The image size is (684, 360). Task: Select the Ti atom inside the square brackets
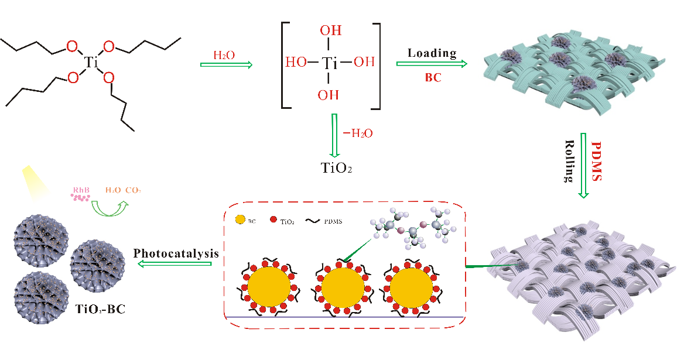click(330, 62)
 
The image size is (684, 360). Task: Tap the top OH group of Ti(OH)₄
click(330, 29)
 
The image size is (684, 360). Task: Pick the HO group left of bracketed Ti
click(296, 62)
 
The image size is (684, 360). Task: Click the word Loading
click(432, 53)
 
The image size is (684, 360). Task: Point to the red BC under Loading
click(432, 76)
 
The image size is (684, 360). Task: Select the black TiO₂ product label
click(337, 169)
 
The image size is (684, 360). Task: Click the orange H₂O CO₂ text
click(123, 190)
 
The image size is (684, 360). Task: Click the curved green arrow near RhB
click(110, 207)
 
